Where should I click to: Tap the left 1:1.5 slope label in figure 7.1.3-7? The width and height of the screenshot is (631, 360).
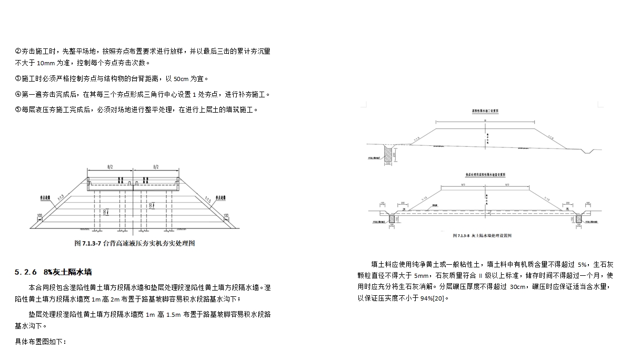(x=61, y=198)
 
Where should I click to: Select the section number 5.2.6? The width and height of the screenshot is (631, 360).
(x=26, y=272)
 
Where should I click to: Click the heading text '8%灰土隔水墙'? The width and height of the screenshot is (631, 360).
(x=68, y=272)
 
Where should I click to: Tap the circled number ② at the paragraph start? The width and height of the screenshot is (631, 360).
(x=18, y=51)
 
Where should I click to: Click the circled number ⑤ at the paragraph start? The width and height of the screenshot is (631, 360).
(x=18, y=109)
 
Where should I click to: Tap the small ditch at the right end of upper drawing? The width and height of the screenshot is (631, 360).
(x=589, y=151)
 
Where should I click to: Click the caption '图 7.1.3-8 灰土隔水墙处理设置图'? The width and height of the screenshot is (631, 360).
(x=486, y=235)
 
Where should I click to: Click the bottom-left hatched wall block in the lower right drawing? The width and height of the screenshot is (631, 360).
(x=392, y=218)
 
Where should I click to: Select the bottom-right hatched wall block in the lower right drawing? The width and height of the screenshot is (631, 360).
(x=579, y=218)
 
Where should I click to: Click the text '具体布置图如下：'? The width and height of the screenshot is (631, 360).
(x=41, y=342)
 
